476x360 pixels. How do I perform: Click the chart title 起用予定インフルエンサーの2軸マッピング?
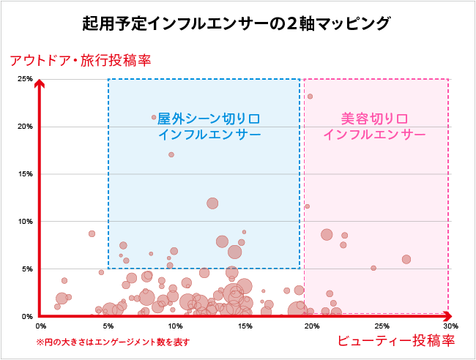(x=237, y=23)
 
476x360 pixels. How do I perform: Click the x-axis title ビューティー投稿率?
(x=397, y=341)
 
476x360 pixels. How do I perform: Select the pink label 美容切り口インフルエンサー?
(x=375, y=126)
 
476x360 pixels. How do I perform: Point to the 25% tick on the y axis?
(x=25, y=79)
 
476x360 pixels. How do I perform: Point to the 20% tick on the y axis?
(x=25, y=127)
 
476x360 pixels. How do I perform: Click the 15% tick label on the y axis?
(x=25, y=174)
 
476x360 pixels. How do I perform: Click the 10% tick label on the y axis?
(x=25, y=222)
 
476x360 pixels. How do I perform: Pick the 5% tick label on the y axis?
(x=26, y=269)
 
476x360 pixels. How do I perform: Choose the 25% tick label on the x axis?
(x=381, y=326)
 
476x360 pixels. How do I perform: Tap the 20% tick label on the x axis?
(x=313, y=326)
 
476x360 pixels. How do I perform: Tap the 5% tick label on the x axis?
(x=108, y=326)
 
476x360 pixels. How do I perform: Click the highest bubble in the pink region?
(x=310, y=96)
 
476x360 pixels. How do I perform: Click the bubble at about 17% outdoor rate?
(x=171, y=154)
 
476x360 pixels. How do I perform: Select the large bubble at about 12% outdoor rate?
(x=212, y=203)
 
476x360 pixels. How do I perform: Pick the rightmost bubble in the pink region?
(x=406, y=259)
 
